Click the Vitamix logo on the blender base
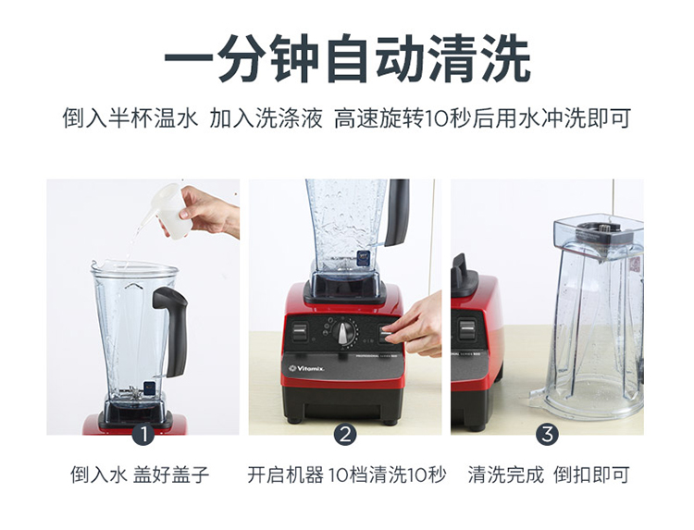(x=306, y=368)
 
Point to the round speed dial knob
(x=345, y=333)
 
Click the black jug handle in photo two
(x=397, y=213)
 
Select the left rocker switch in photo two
(x=299, y=332)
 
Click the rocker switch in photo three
(x=466, y=329)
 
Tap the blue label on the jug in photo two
(x=363, y=258)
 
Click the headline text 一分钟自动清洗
(x=347, y=59)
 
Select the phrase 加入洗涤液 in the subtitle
(x=266, y=118)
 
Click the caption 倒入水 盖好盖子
(x=140, y=475)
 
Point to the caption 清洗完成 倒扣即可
(x=549, y=475)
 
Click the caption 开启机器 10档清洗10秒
(x=347, y=475)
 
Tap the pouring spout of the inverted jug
(x=538, y=395)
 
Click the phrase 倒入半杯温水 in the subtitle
(x=130, y=118)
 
